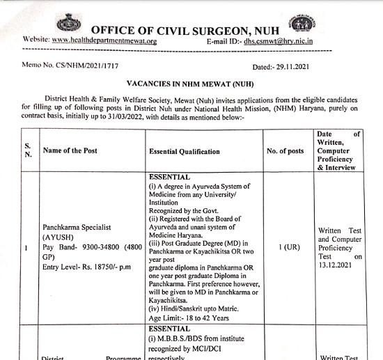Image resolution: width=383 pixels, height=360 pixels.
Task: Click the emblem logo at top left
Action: click(x=68, y=24)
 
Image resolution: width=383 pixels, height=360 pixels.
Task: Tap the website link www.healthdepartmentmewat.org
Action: click(x=104, y=40)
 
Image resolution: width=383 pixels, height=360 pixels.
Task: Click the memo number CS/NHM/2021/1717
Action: click(x=90, y=67)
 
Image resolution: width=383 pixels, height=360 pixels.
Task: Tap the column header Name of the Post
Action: click(x=70, y=150)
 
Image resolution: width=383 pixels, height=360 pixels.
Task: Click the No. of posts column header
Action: click(x=286, y=151)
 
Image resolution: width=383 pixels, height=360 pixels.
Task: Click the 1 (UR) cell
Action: click(x=286, y=248)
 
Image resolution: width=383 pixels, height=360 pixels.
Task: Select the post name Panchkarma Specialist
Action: click(x=78, y=228)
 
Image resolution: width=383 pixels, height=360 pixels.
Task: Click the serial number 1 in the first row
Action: click(x=26, y=248)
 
